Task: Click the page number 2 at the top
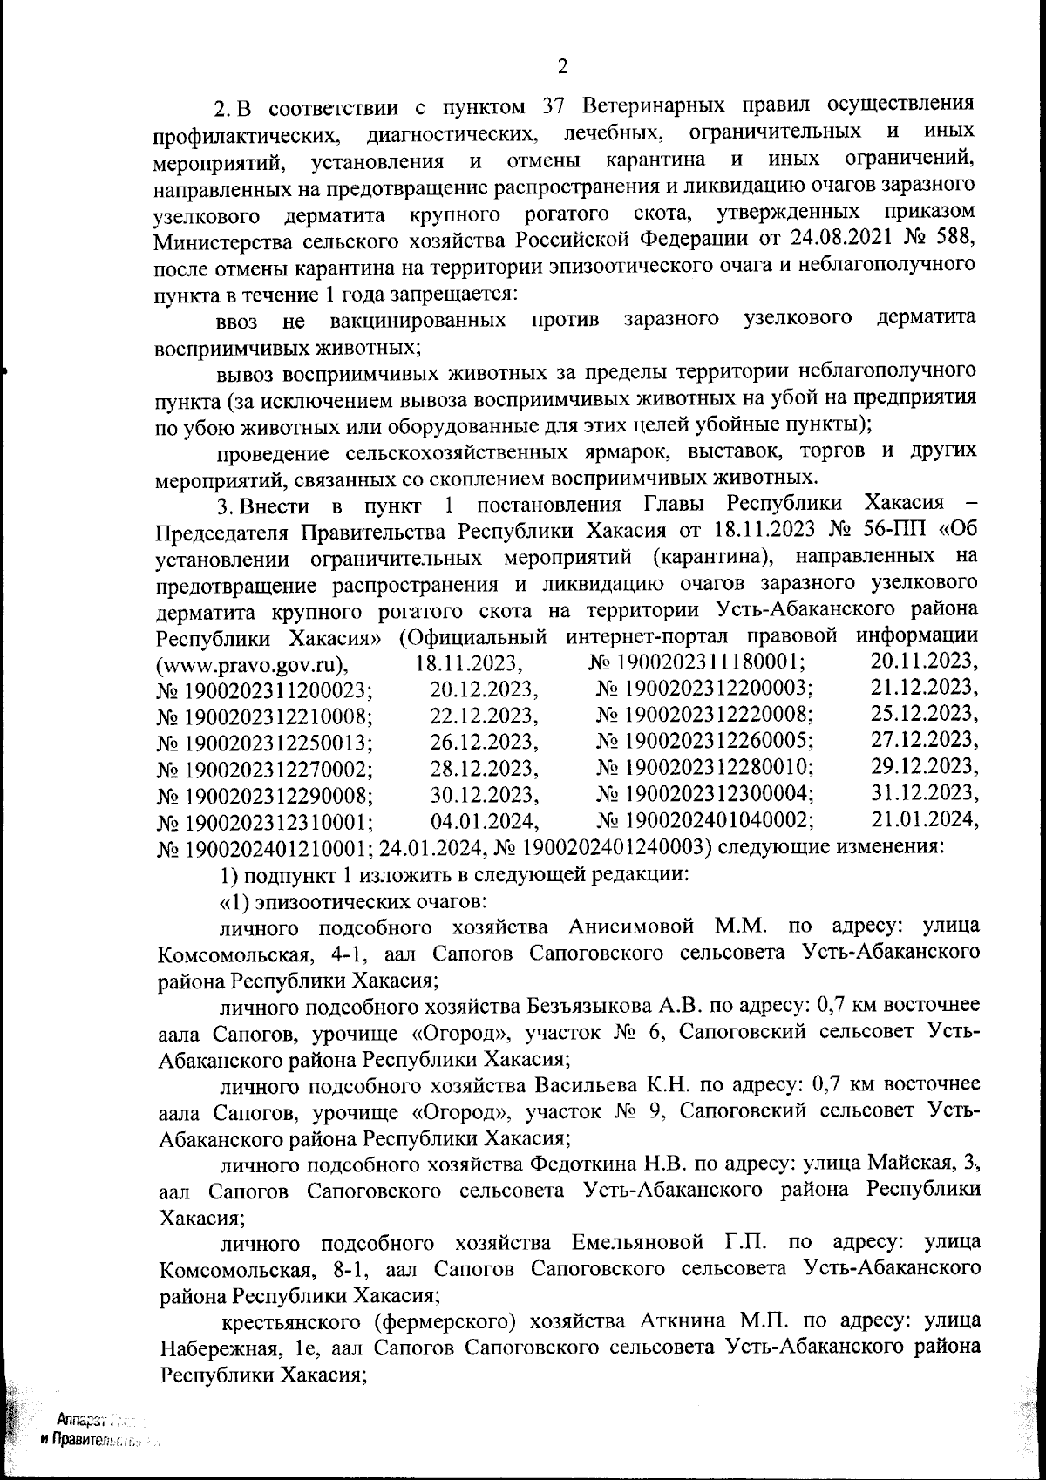tap(562, 66)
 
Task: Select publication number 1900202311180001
tap(707, 664)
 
